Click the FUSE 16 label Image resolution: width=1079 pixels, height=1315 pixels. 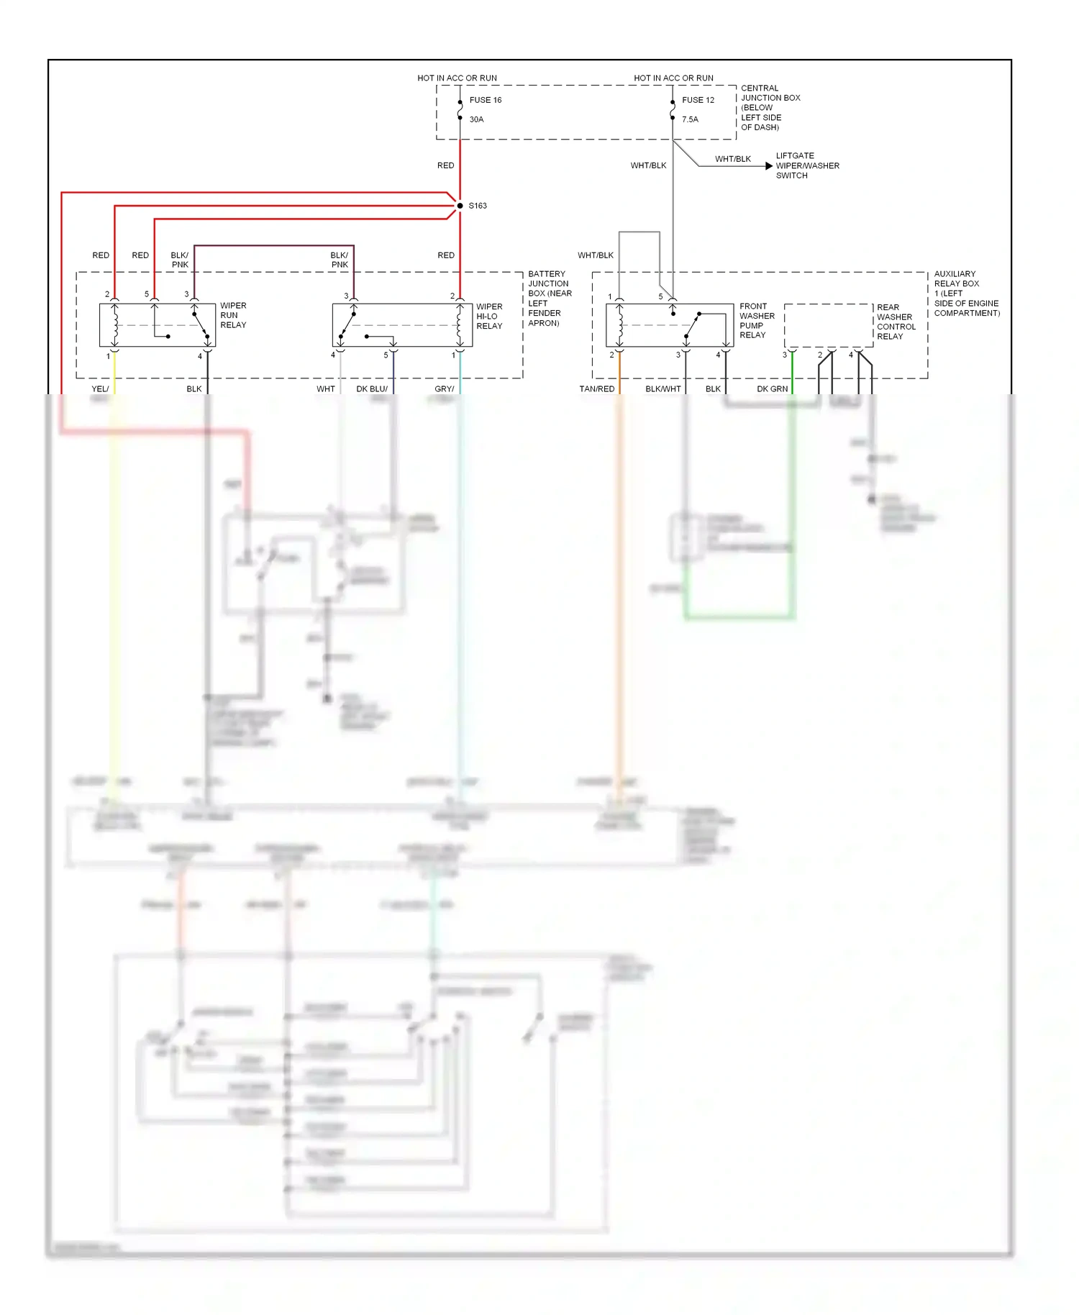(485, 100)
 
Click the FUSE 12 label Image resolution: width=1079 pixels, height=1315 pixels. (698, 100)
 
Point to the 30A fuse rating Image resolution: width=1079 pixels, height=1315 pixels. (476, 119)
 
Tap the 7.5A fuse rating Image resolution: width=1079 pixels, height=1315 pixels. (690, 119)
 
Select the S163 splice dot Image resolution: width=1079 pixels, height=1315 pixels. (460, 206)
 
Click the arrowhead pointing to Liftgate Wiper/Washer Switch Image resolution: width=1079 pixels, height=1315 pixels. (768, 165)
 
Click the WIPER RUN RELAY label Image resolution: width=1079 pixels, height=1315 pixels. (233, 315)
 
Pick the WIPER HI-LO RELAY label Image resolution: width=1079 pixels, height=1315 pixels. (489, 316)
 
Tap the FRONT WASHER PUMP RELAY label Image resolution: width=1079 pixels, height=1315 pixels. (757, 320)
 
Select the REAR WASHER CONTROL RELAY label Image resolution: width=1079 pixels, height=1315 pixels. (896, 322)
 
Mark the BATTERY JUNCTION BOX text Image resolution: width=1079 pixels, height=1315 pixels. (549, 298)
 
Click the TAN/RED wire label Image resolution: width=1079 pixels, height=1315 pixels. (596, 388)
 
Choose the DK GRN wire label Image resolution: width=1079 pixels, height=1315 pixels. (772, 388)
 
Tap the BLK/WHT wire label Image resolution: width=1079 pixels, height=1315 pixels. (663, 388)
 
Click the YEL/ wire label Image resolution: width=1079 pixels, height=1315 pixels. (100, 388)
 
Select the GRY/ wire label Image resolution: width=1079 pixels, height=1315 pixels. (444, 388)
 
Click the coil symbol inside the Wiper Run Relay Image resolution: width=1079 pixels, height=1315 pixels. (115, 324)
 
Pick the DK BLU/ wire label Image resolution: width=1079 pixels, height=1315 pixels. (371, 388)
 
